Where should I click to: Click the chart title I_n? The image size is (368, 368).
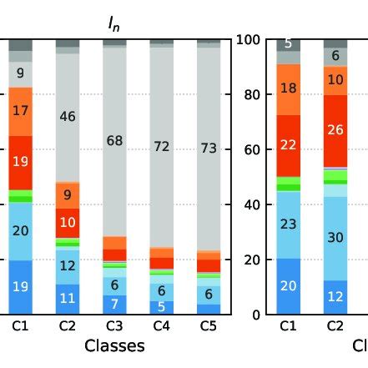point(114,25)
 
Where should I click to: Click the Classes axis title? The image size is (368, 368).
point(114,345)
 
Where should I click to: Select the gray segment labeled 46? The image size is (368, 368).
point(68,117)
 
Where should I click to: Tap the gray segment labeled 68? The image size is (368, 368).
point(114,141)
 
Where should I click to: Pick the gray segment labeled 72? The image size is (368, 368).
point(161,146)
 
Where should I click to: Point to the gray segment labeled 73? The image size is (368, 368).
point(208,148)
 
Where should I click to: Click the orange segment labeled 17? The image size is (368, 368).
point(21,109)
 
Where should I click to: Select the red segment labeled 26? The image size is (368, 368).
point(335,130)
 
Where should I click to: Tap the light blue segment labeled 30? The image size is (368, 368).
point(335,238)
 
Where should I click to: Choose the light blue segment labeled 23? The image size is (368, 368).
point(288,224)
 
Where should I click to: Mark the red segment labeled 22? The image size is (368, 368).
point(288,145)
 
